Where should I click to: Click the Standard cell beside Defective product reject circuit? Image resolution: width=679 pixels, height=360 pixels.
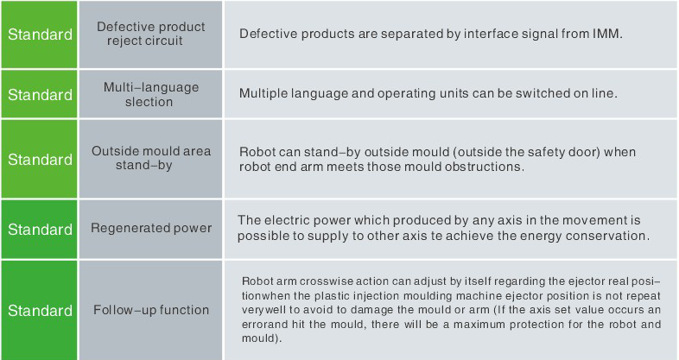[x=40, y=35]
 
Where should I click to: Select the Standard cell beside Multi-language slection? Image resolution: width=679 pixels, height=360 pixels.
[x=40, y=95]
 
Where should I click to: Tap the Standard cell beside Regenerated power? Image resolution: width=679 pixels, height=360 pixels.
[x=40, y=230]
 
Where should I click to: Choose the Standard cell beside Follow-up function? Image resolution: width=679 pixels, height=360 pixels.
[x=40, y=311]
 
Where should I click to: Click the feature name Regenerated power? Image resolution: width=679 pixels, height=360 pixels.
[x=151, y=229]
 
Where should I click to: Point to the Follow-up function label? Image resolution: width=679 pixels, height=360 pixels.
[x=151, y=310]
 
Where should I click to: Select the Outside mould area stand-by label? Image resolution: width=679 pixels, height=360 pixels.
[x=151, y=158]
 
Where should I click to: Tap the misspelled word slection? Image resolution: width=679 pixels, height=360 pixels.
[x=149, y=102]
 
